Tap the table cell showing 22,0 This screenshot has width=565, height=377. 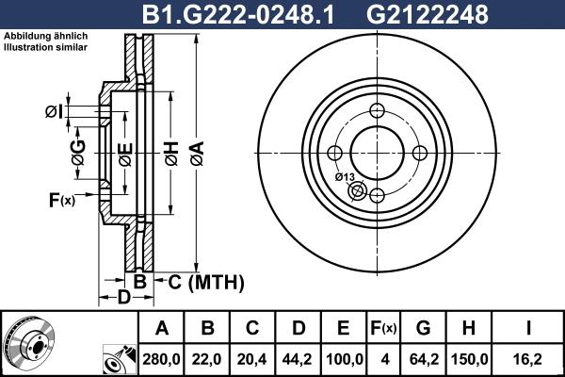pyautogui.click(x=207, y=358)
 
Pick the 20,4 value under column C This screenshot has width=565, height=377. pyautogui.click(x=252, y=358)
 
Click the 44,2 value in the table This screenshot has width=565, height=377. pyautogui.click(x=298, y=358)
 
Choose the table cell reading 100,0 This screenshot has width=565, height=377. pyautogui.click(x=343, y=358)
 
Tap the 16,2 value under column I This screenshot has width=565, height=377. pyautogui.click(x=529, y=358)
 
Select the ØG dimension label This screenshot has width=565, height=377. pyautogui.click(x=77, y=151)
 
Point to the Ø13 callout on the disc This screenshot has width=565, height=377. pyautogui.click(x=344, y=177)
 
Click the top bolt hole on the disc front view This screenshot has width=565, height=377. pyautogui.click(x=376, y=110)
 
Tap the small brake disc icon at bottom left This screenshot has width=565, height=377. pyautogui.click(x=28, y=343)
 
